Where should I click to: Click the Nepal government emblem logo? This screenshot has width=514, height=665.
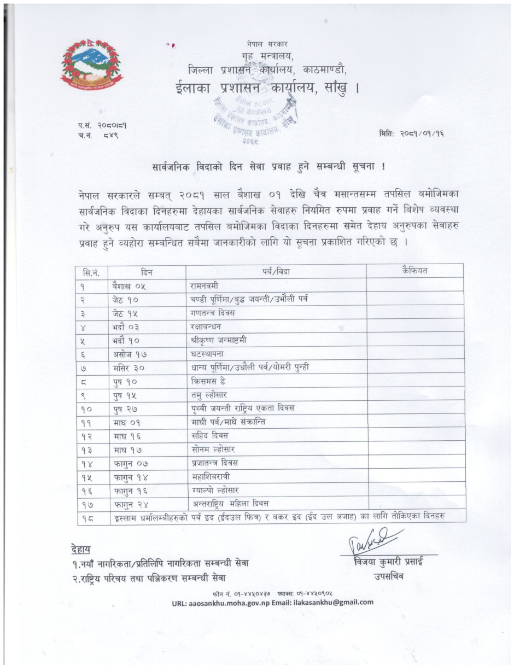click(92, 65)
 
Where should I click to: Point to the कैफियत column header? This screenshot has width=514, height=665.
click(414, 271)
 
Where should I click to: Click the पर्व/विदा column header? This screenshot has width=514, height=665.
click(276, 271)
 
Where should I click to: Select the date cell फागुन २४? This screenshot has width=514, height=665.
click(131, 503)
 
